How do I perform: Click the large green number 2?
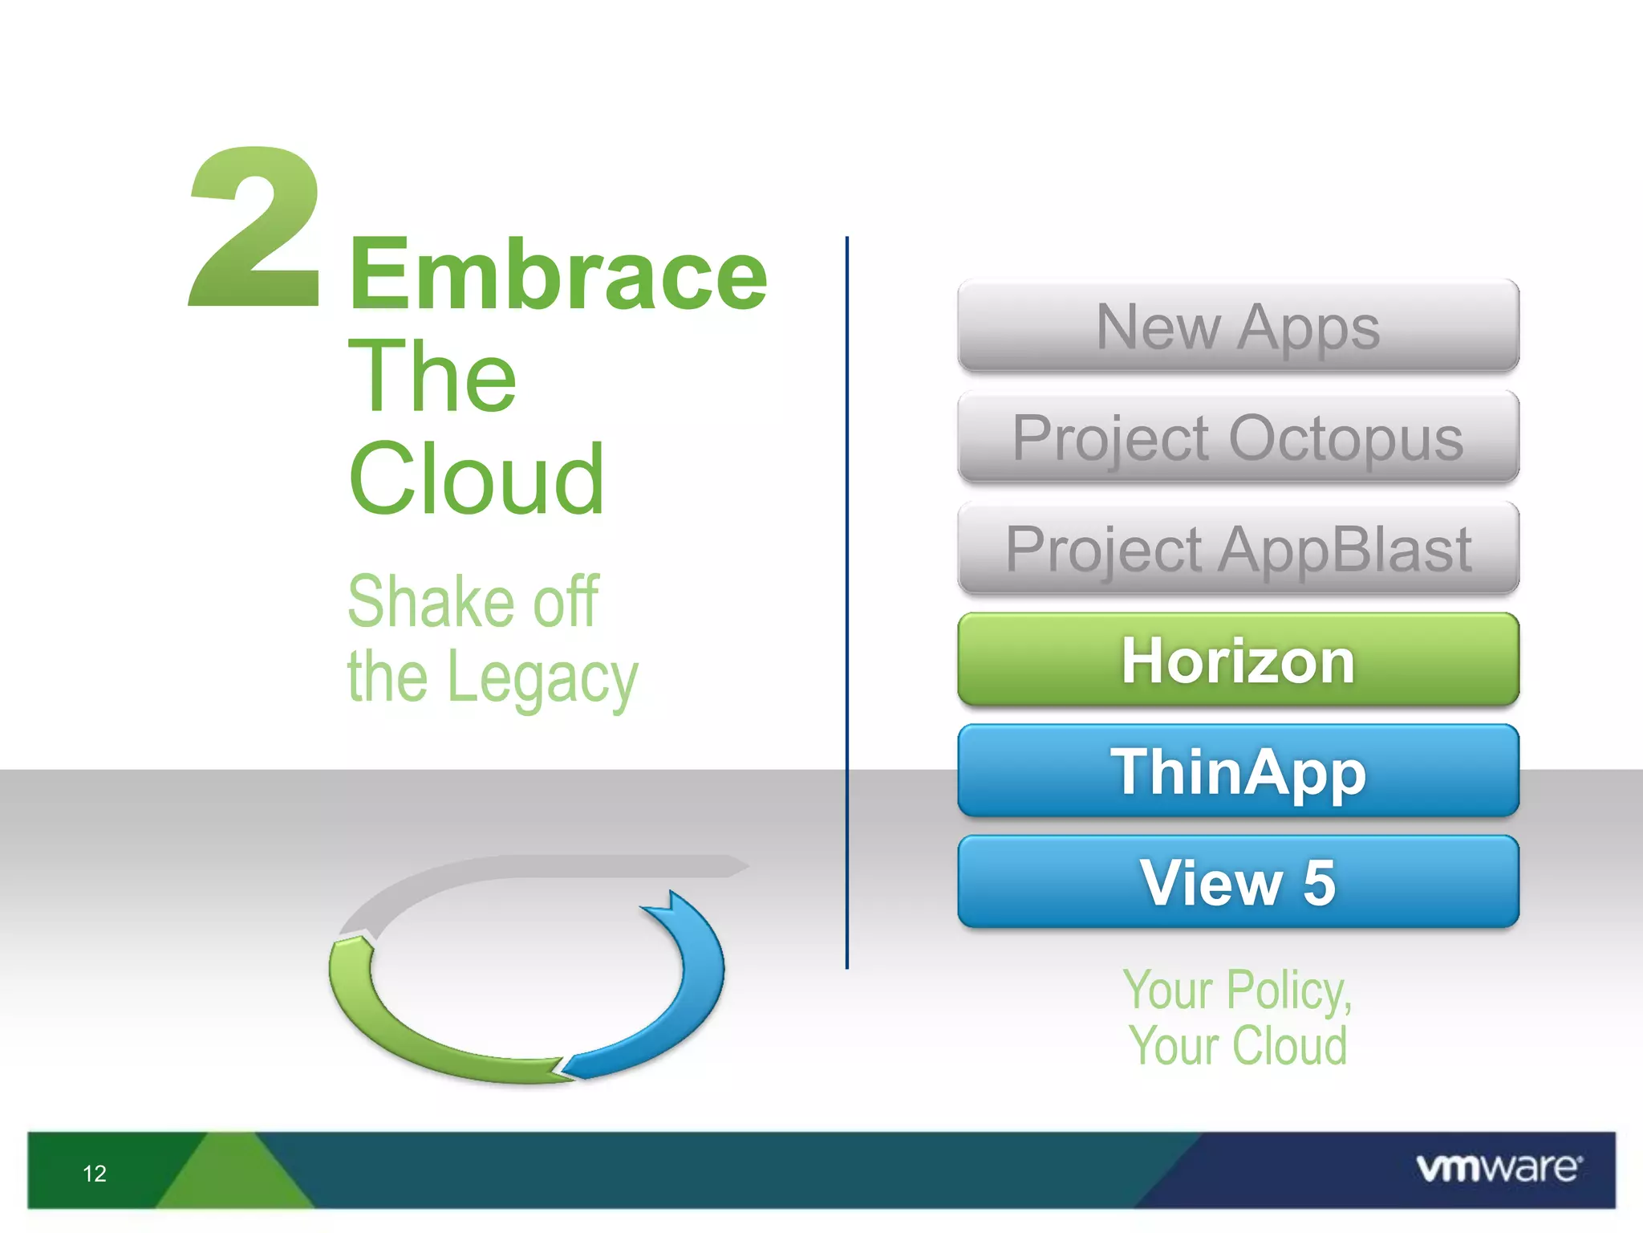point(255,229)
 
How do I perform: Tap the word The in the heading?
point(432,377)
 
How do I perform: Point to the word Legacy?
point(542,679)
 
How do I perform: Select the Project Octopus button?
point(1238,438)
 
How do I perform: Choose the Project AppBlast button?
point(1238,549)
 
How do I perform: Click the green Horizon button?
point(1238,660)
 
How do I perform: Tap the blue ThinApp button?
point(1238,771)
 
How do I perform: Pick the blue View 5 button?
point(1238,881)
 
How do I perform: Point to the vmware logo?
point(1499,1168)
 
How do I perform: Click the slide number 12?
point(95,1174)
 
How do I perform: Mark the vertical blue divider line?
point(847,602)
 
